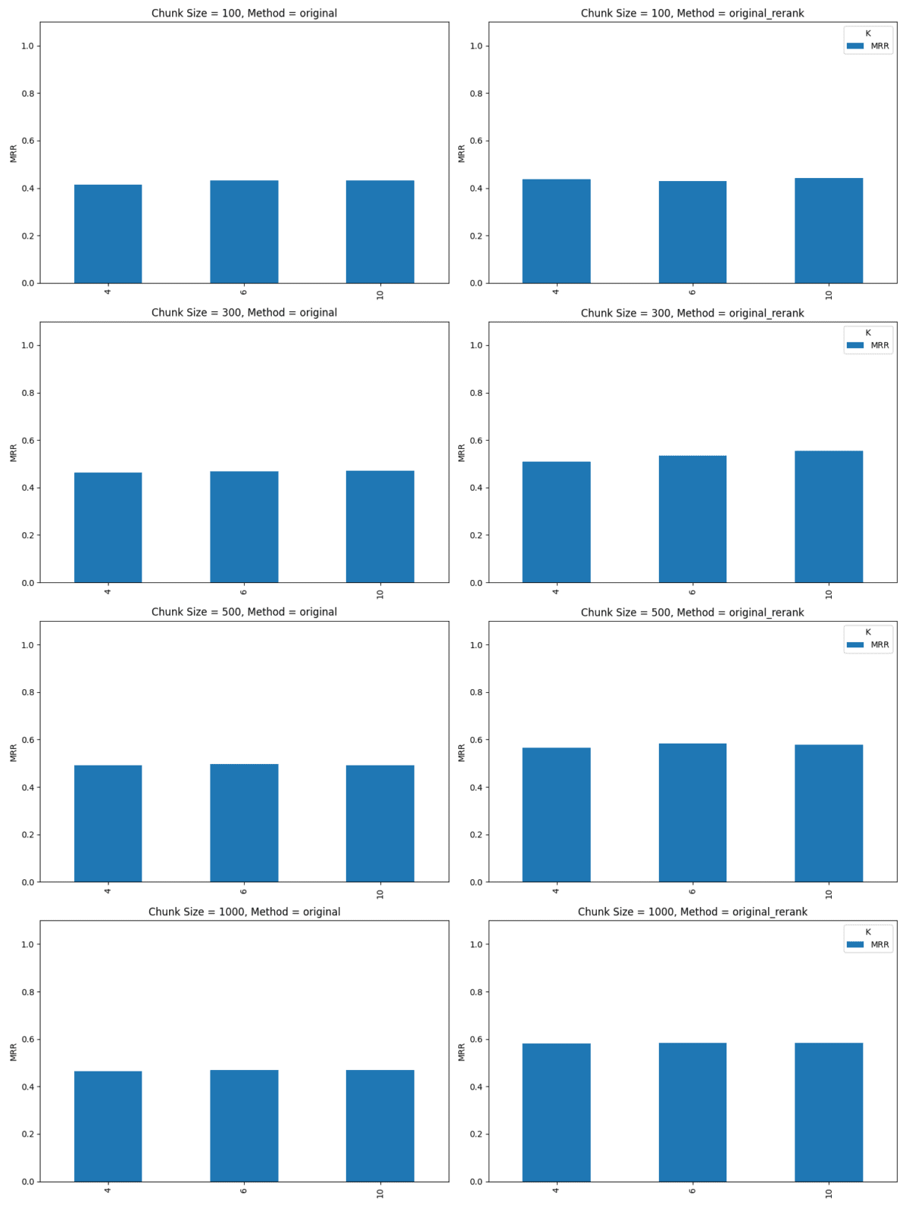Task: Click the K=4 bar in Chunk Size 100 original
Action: point(108,234)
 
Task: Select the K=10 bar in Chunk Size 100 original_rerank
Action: point(828,231)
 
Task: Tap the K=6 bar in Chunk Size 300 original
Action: point(244,527)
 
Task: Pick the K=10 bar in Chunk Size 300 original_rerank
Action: point(828,517)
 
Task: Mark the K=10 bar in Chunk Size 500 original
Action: point(380,824)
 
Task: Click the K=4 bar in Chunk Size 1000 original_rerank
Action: point(556,1112)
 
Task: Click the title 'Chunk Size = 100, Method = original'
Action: point(244,13)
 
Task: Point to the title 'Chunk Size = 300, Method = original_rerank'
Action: point(692,313)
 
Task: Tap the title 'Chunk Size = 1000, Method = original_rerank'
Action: point(692,912)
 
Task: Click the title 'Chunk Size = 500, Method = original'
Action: point(244,612)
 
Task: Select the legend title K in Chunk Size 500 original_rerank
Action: point(868,632)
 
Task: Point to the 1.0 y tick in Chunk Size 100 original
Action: point(29,46)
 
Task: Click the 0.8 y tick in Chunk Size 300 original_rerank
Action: point(476,393)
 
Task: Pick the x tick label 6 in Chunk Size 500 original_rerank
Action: point(692,891)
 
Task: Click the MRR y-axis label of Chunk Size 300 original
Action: point(14,453)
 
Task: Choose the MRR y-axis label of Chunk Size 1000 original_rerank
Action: point(462,1052)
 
